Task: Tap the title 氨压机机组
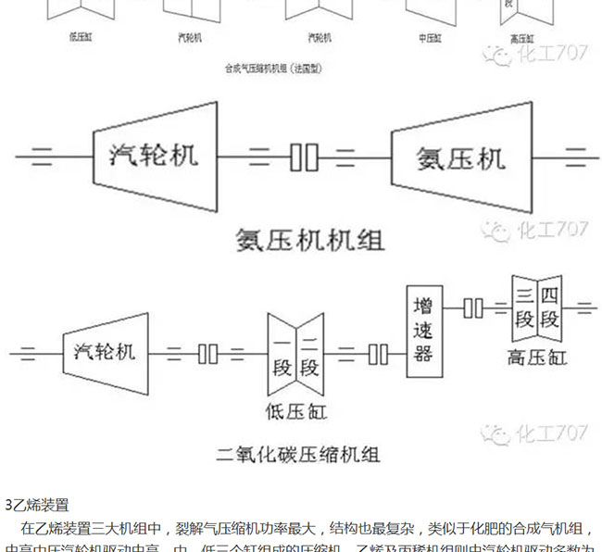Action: (x=309, y=240)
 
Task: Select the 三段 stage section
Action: (x=525, y=307)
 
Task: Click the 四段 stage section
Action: (x=550, y=307)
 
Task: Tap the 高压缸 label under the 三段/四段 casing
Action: (x=537, y=357)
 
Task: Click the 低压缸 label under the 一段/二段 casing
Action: (x=296, y=409)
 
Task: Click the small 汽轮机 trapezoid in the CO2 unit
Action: (x=105, y=352)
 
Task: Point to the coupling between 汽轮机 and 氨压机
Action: (x=303, y=157)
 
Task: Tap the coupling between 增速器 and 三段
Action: (x=473, y=307)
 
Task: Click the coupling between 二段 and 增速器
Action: (x=378, y=353)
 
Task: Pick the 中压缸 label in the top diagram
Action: (x=430, y=39)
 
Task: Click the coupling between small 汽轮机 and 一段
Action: (x=208, y=353)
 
